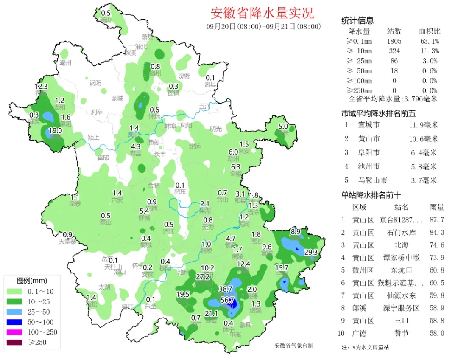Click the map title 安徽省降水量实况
(262, 13)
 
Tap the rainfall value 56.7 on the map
(228, 300)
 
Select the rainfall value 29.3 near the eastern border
(311, 252)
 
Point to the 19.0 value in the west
(55, 131)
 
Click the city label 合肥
(154, 185)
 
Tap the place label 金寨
(75, 204)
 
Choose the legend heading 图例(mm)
(32, 281)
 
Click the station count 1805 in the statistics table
(394, 41)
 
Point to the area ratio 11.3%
(429, 51)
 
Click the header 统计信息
(357, 21)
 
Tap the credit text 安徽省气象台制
(293, 346)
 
